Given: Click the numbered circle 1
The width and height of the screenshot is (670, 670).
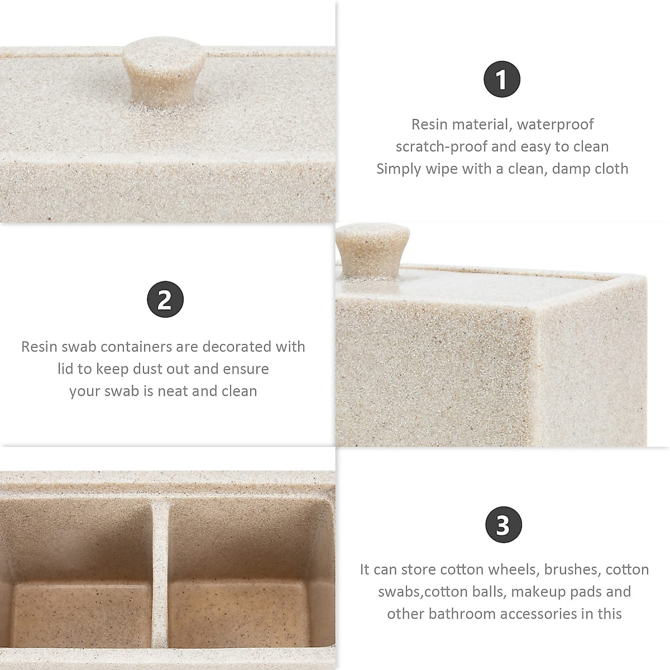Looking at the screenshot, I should point(502,79).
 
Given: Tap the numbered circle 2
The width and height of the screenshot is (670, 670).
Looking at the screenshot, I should point(165,300).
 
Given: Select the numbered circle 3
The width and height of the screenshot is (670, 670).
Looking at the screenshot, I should point(502,525).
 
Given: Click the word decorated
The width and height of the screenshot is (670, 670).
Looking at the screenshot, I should point(238,347).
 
